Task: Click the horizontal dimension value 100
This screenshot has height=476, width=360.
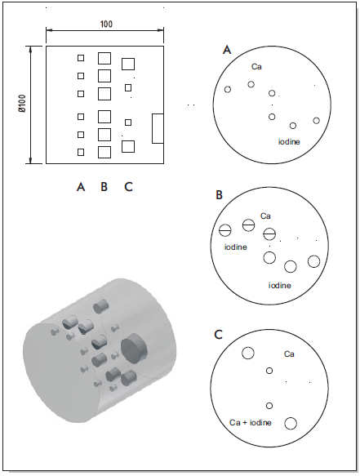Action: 106,24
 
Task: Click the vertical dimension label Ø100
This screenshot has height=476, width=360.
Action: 24,105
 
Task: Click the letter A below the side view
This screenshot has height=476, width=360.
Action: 81,187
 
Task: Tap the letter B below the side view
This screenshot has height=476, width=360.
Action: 104,187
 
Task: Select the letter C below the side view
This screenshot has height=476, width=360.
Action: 129,187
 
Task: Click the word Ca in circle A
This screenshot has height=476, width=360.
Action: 256,66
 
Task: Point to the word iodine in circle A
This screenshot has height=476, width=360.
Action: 289,141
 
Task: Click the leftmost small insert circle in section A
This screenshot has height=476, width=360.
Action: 228,89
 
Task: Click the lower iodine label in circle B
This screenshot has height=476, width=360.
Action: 280,285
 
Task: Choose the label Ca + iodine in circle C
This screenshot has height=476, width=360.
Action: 251,422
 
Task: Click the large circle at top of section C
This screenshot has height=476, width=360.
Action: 247,347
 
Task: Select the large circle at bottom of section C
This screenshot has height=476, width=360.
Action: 291,417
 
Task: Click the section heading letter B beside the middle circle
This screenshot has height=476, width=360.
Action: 219,195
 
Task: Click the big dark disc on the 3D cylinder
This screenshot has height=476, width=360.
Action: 134,348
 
